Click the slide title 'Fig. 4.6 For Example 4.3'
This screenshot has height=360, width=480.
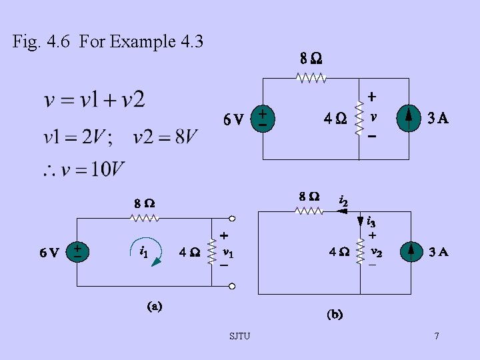(107, 42)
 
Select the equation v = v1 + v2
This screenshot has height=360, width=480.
(94, 101)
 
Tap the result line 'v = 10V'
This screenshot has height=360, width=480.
(83, 170)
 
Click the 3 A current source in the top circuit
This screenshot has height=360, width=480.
(409, 119)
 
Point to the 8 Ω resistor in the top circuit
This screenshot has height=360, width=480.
(311, 78)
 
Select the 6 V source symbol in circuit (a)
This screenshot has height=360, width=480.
(77, 252)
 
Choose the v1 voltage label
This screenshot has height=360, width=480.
(227, 253)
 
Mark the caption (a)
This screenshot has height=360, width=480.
(154, 307)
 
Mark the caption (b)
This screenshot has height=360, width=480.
(335, 314)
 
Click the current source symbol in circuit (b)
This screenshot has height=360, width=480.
(409, 252)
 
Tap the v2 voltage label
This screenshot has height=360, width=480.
(375, 252)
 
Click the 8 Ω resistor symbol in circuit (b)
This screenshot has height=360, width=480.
(310, 211)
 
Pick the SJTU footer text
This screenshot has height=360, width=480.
(239, 335)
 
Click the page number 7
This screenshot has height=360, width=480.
(436, 335)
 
